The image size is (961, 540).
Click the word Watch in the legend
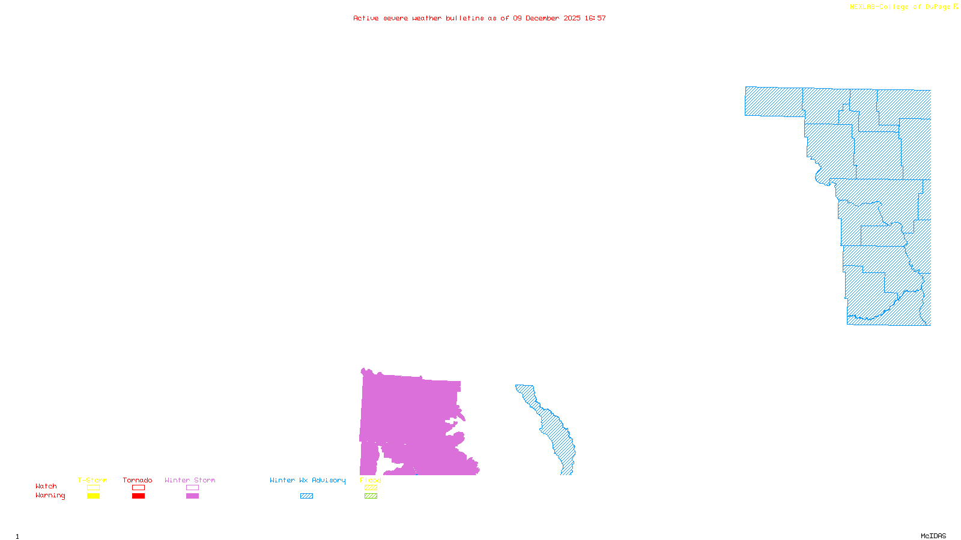pos(46,486)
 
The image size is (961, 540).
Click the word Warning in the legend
pos(50,496)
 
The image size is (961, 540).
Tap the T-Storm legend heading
pos(92,480)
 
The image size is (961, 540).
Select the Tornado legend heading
pos(138,480)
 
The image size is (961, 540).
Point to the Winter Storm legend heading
pos(190,480)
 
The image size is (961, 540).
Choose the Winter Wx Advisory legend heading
pos(308,480)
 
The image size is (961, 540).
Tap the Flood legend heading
pos(371,480)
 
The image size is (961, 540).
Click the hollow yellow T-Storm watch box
pos(93,488)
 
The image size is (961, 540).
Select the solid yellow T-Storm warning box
pos(93,496)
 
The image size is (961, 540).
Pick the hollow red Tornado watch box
pos(138,488)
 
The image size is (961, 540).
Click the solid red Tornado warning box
pos(138,496)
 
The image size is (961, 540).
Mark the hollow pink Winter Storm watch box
pos(192,488)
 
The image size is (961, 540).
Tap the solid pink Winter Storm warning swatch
pos(192,496)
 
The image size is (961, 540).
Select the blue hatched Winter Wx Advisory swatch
pos(306,496)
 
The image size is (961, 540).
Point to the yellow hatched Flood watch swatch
pos(371,488)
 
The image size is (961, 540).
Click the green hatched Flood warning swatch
pos(371,496)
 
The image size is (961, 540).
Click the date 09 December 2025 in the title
pos(547,18)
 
